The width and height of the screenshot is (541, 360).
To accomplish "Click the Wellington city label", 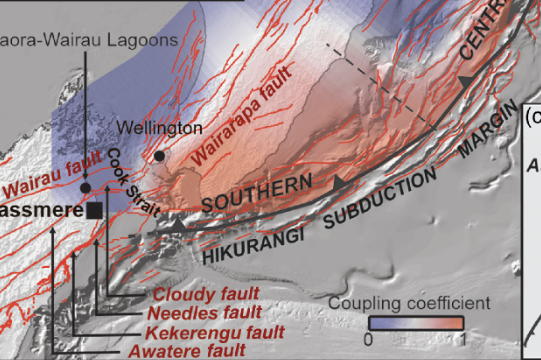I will pos(160,129).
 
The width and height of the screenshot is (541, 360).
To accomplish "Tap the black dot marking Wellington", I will pos(160,156).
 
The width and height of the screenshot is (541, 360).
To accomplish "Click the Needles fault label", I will pos(203,313).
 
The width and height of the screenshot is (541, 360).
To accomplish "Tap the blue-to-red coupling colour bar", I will pos(416,323).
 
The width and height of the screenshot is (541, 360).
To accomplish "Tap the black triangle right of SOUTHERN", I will pos(340,183).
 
